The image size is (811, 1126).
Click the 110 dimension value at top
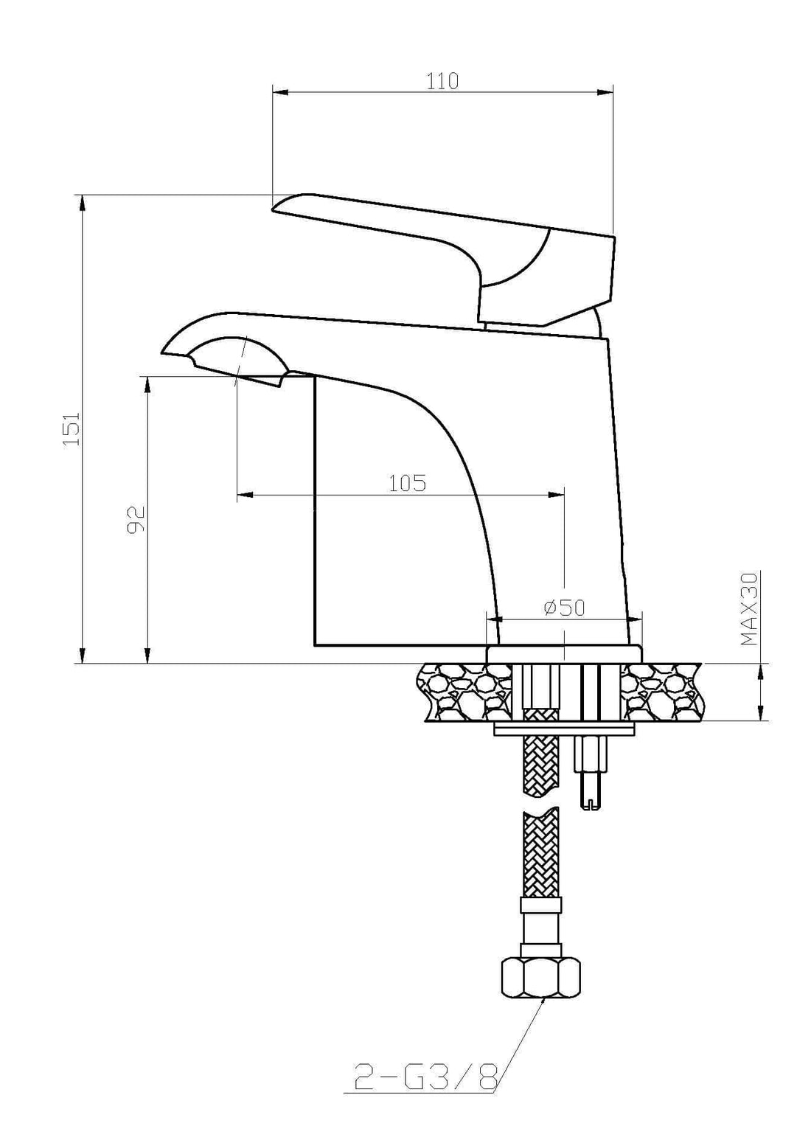point(442,80)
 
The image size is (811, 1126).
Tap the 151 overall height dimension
point(71,428)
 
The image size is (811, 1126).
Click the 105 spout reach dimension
point(407,483)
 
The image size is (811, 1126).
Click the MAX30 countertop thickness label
point(749,609)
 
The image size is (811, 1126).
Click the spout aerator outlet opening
point(258,380)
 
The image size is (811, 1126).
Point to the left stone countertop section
point(464,692)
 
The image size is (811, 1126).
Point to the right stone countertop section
point(661,692)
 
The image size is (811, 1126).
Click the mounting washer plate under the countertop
point(564,729)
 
